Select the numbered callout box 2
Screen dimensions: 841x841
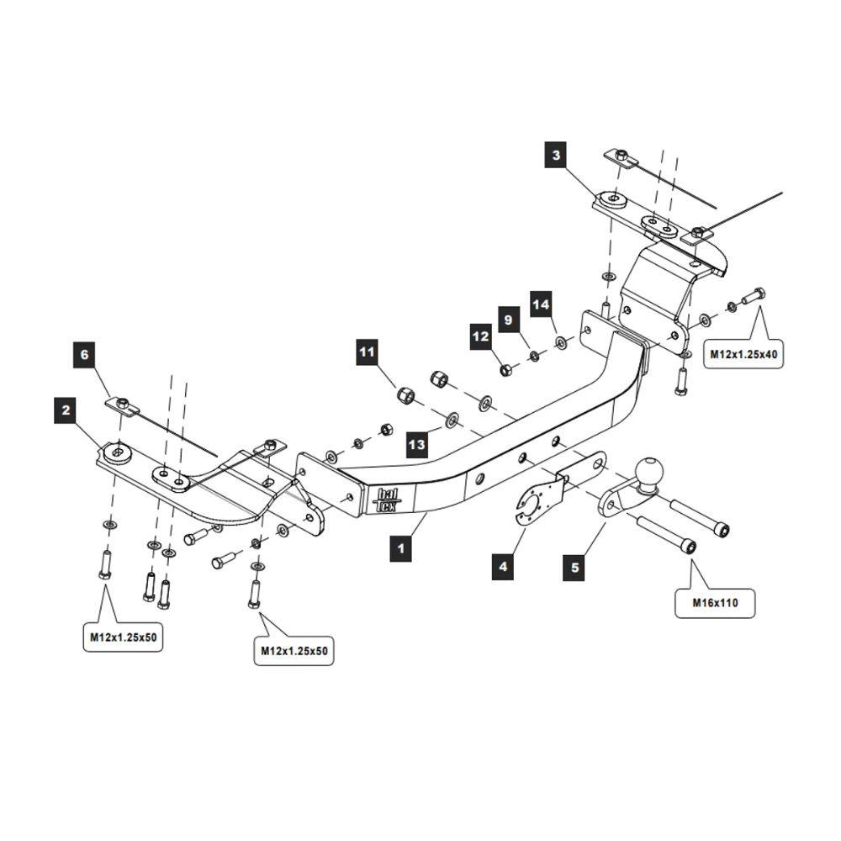66,411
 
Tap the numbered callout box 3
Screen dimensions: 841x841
556,155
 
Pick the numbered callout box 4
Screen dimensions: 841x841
503,566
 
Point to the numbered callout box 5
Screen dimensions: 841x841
575,567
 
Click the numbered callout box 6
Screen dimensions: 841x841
84,354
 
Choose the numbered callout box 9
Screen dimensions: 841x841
508,320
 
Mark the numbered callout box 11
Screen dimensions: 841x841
366,352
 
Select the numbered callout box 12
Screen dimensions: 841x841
480,336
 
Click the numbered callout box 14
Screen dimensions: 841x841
541,302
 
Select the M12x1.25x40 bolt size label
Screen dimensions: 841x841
743,355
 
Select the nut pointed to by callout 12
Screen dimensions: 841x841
505,369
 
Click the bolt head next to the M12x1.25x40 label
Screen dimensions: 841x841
758,294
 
